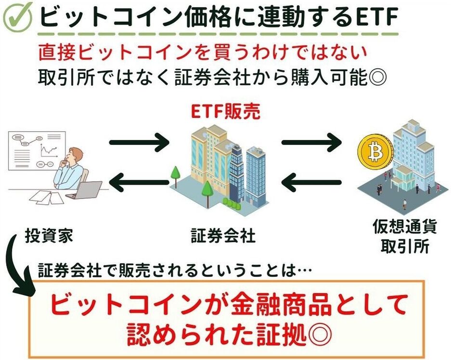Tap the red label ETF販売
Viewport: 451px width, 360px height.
point(226,113)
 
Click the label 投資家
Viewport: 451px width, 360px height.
point(51,237)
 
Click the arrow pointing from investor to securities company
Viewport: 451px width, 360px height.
point(140,142)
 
